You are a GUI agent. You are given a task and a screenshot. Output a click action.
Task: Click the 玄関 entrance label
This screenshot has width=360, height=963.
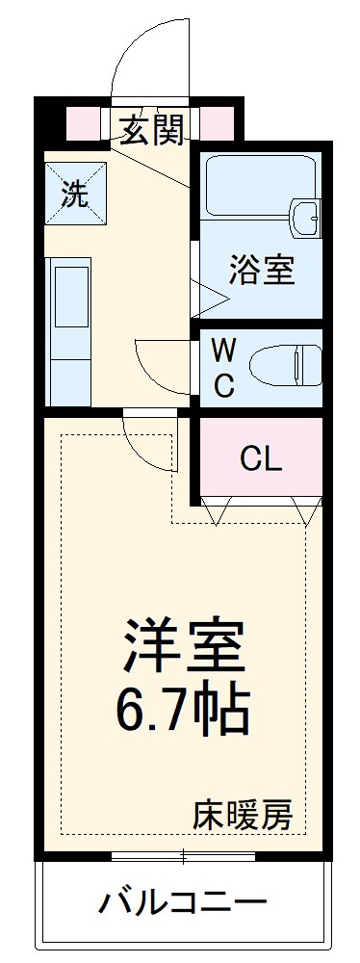(x=152, y=129)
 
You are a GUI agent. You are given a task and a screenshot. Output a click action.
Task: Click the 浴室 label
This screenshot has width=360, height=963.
(x=261, y=272)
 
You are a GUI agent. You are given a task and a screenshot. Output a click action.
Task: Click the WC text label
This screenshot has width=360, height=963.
(x=222, y=366)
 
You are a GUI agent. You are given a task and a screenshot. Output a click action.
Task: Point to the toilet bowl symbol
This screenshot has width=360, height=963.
(x=283, y=366)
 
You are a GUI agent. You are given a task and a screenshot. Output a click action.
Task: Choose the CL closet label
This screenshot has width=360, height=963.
(x=261, y=459)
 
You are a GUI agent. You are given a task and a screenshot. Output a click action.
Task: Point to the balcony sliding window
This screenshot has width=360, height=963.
(x=183, y=854)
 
